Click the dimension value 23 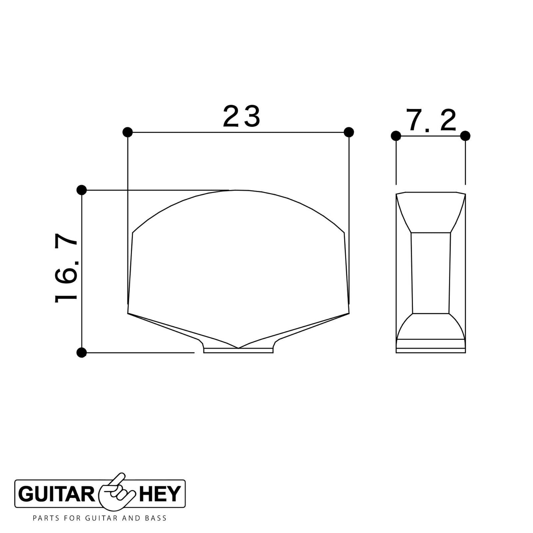[241, 116]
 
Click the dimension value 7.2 [432, 121]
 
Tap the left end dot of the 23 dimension [128, 132]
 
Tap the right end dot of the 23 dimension [348, 132]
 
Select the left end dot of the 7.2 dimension [396, 136]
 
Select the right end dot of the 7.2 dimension [465, 136]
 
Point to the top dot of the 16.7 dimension [82, 190]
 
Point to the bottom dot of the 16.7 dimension [82, 352]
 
